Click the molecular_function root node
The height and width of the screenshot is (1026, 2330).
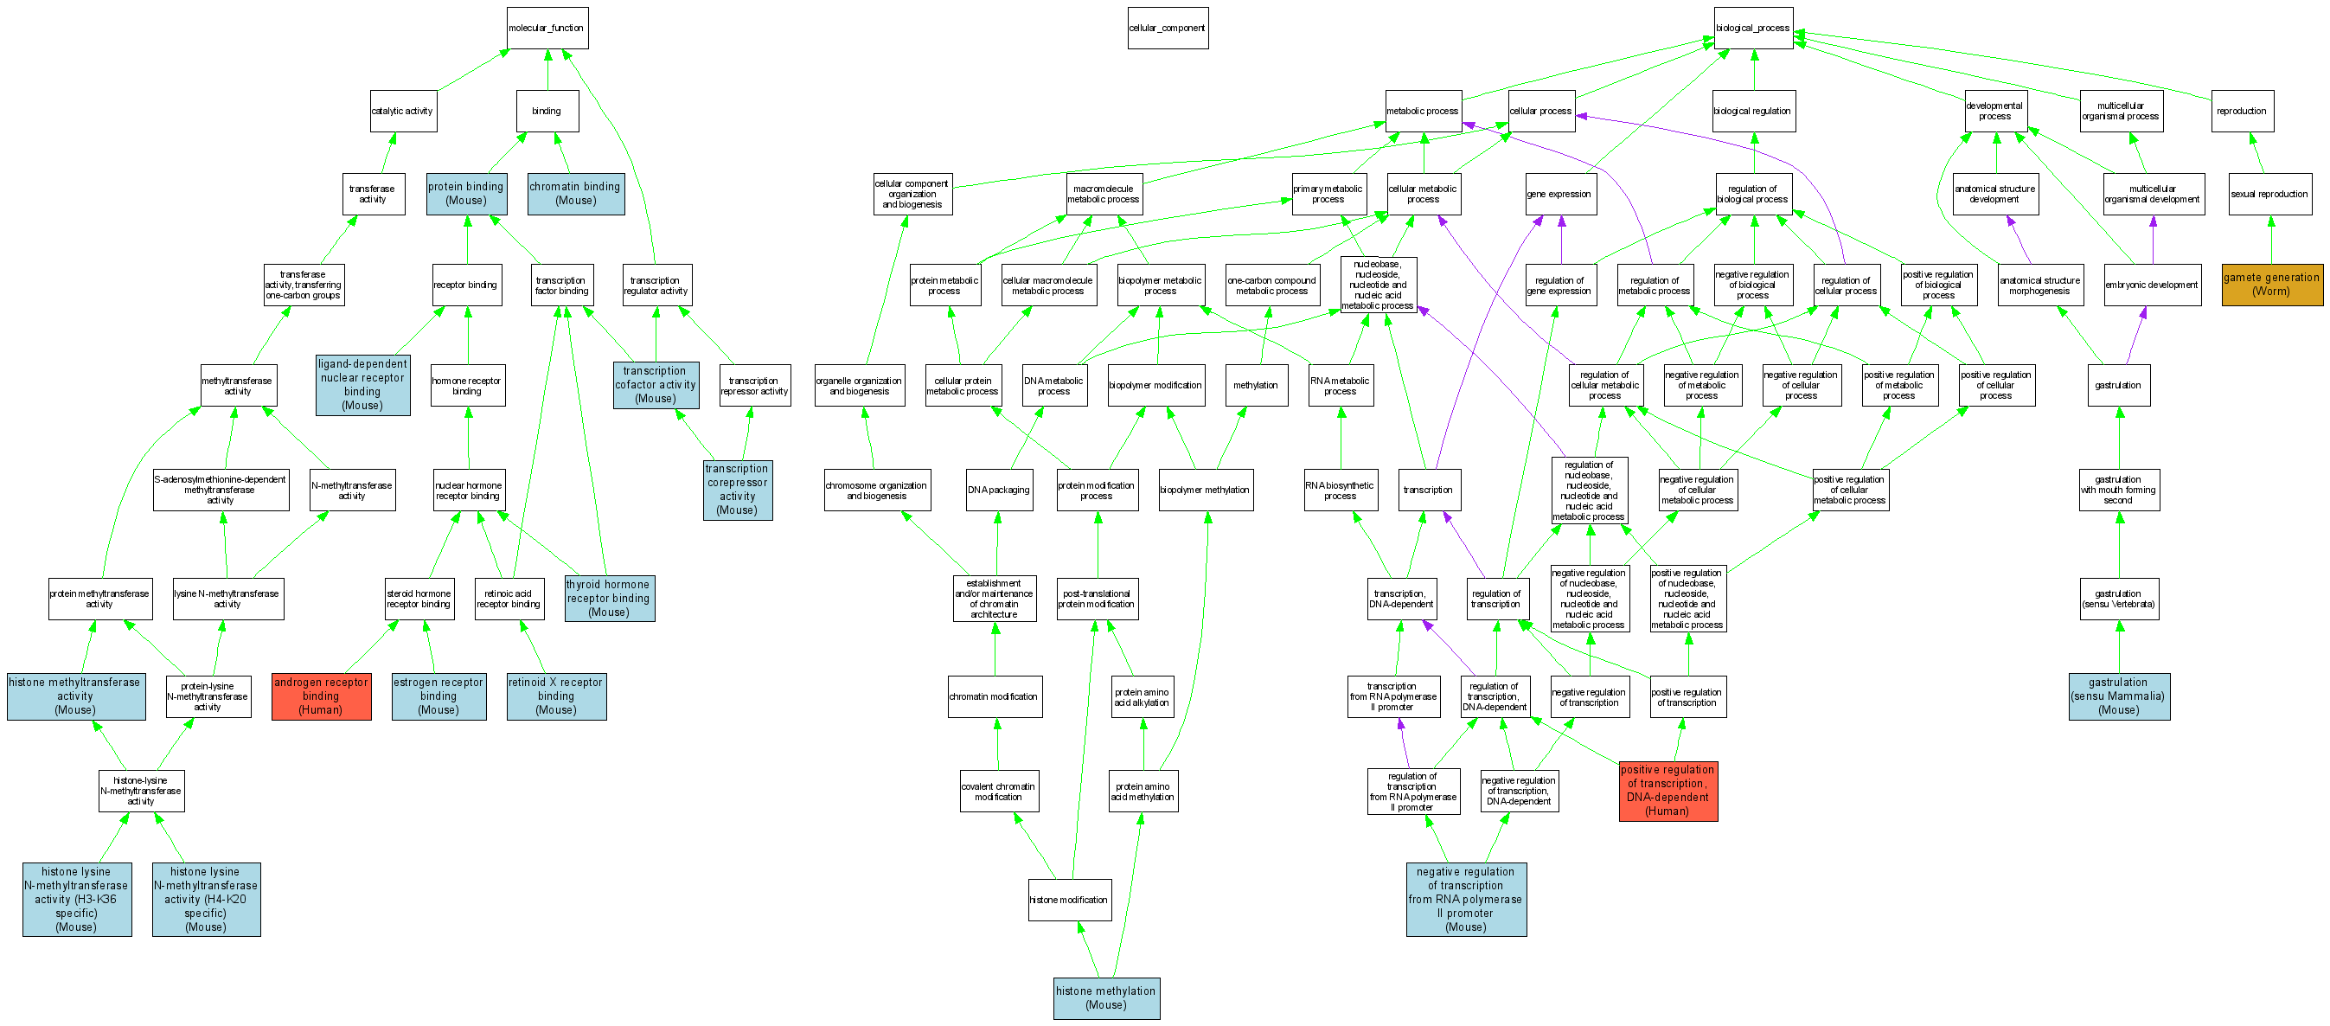(547, 28)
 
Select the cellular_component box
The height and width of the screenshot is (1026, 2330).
(1167, 28)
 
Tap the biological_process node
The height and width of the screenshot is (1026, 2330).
(1753, 28)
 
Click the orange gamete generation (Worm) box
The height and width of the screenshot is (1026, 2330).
(2271, 284)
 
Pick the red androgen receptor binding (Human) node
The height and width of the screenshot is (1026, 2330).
(321, 696)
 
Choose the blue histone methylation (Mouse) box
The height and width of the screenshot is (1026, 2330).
(1105, 997)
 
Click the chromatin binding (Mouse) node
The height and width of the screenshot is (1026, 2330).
(575, 194)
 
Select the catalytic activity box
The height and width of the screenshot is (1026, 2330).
(402, 112)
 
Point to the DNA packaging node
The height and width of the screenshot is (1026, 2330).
(999, 490)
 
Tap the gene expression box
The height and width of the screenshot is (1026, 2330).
(1559, 194)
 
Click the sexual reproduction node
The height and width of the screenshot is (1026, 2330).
(2269, 194)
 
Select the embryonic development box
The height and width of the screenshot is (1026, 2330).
(2152, 285)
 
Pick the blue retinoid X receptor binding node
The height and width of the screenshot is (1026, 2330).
(555, 696)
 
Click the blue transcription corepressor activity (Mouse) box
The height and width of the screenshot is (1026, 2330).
(737, 490)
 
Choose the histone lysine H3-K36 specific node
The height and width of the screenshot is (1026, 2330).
(77, 899)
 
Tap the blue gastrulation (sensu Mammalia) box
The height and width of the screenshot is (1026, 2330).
(2118, 696)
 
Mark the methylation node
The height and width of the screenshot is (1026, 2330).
(1256, 386)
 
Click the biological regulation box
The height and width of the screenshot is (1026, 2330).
(1753, 112)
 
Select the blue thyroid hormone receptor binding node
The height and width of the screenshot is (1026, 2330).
(609, 598)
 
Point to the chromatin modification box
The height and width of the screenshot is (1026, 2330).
(994, 696)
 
